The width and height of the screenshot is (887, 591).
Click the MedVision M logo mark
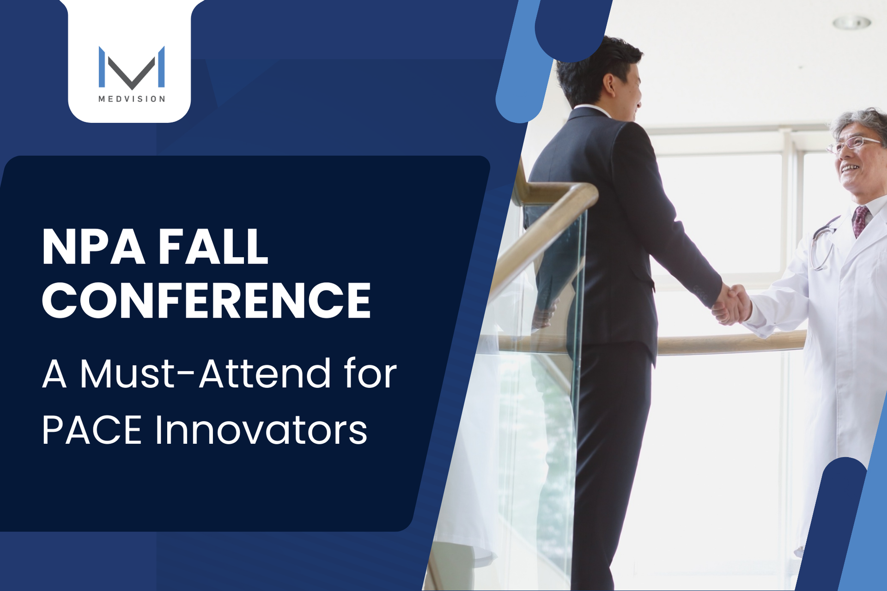coord(132,67)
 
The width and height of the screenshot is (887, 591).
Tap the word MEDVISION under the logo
coord(132,99)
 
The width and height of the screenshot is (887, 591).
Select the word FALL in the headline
coord(213,247)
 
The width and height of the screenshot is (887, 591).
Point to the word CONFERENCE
coord(207,300)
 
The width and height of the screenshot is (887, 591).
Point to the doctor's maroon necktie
coord(860,221)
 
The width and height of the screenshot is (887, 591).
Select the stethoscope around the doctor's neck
coord(825,242)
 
